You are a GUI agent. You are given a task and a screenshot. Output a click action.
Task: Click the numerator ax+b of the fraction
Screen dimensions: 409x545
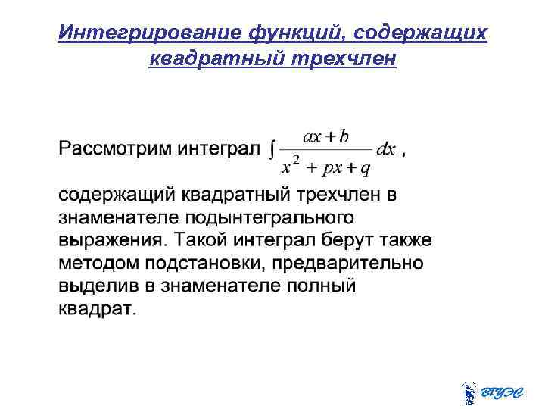coord(325,136)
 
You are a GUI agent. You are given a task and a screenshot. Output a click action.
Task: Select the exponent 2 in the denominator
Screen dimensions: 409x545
coord(297,158)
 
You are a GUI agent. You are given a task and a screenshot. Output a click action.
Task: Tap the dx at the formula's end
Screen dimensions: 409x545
coord(386,149)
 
